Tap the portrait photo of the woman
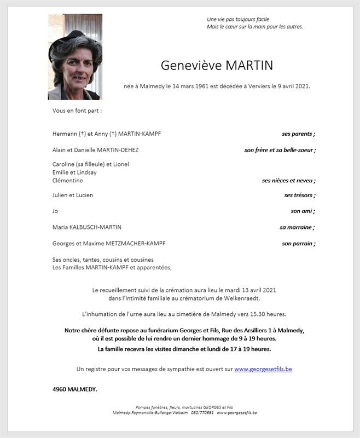(75, 57)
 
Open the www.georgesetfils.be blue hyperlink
(263, 369)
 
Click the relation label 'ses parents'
(297, 134)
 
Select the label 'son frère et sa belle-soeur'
(279, 150)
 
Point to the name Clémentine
(67, 180)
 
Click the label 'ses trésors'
(299, 195)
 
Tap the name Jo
(55, 211)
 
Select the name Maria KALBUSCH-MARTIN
(87, 227)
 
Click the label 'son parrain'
(297, 244)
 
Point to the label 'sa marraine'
(296, 227)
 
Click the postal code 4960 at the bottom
(60, 389)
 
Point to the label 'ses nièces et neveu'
(287, 180)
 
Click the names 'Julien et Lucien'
(72, 195)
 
